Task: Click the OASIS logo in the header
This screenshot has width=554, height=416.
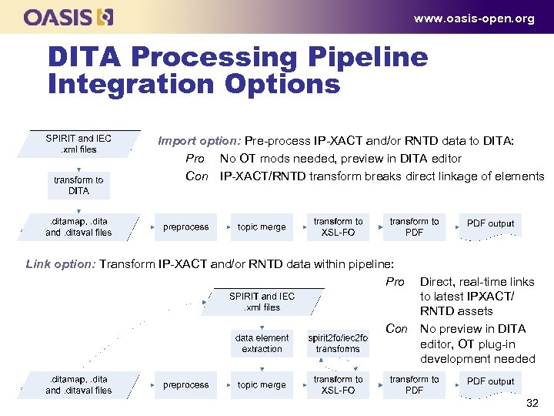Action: (x=68, y=17)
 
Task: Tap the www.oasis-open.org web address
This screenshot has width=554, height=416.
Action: (x=473, y=18)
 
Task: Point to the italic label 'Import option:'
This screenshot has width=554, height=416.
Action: (x=199, y=141)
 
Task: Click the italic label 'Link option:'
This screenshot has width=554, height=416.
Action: (x=61, y=263)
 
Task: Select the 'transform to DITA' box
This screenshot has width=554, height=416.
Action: (x=78, y=186)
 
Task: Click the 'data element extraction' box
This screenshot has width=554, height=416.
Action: (x=262, y=344)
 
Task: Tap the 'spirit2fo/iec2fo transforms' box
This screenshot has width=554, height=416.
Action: (x=338, y=344)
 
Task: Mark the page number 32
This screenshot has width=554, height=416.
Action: (x=532, y=404)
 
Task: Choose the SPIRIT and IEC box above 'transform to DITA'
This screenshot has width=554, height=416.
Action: (x=78, y=144)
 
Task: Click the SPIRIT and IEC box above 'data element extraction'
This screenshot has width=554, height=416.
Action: (x=262, y=301)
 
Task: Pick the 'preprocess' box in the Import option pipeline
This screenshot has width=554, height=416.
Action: (x=185, y=227)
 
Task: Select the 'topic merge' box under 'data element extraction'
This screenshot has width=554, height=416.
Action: (x=262, y=385)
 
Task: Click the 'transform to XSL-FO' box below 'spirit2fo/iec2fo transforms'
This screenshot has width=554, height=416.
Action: (x=338, y=385)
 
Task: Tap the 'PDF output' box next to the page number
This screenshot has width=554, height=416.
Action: (x=490, y=382)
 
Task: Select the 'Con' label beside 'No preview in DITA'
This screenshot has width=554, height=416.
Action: (x=396, y=329)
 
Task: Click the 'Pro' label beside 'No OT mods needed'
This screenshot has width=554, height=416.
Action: (x=195, y=159)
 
